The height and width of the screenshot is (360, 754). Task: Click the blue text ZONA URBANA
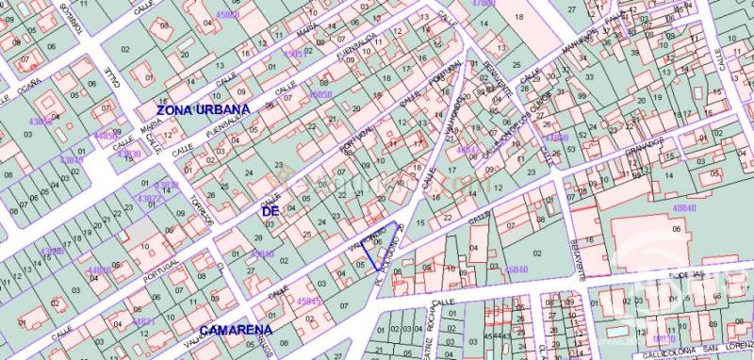pyautogui.click(x=204, y=110)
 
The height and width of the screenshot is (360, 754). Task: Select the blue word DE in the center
pyautogui.click(x=270, y=212)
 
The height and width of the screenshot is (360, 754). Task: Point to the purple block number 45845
pyautogui.click(x=308, y=302)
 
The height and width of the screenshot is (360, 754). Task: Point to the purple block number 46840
pyautogui.click(x=516, y=269)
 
